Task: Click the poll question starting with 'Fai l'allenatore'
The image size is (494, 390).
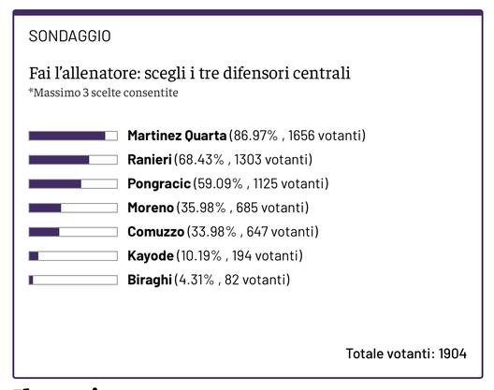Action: (x=196, y=73)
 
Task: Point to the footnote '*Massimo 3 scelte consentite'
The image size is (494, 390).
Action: (x=103, y=93)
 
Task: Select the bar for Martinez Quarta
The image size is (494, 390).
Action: (x=73, y=136)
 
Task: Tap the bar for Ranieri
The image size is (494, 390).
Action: (x=73, y=160)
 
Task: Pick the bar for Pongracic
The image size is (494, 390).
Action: (x=73, y=183)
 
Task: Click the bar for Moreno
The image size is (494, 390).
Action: (x=73, y=208)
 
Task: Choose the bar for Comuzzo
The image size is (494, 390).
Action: (x=73, y=232)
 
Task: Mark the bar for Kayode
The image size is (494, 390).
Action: (x=73, y=255)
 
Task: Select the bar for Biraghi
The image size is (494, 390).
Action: (x=73, y=280)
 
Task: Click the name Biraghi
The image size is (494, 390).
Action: (x=150, y=280)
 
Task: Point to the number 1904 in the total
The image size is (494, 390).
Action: (x=452, y=354)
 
